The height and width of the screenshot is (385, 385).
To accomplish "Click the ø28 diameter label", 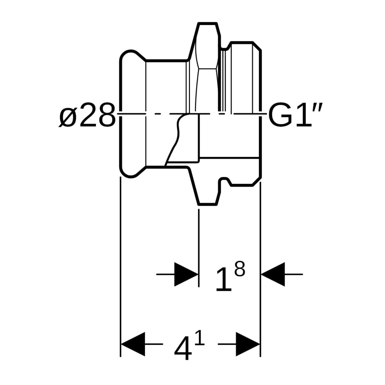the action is pos(87,115).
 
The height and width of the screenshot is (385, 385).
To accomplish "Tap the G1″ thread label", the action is pos(295,115).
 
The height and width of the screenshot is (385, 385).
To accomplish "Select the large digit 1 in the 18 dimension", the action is pos(224,280).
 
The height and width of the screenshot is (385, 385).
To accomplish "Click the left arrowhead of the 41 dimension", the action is pos(133,344).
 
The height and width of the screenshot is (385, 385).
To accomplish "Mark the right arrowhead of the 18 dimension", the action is pos(273,274).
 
